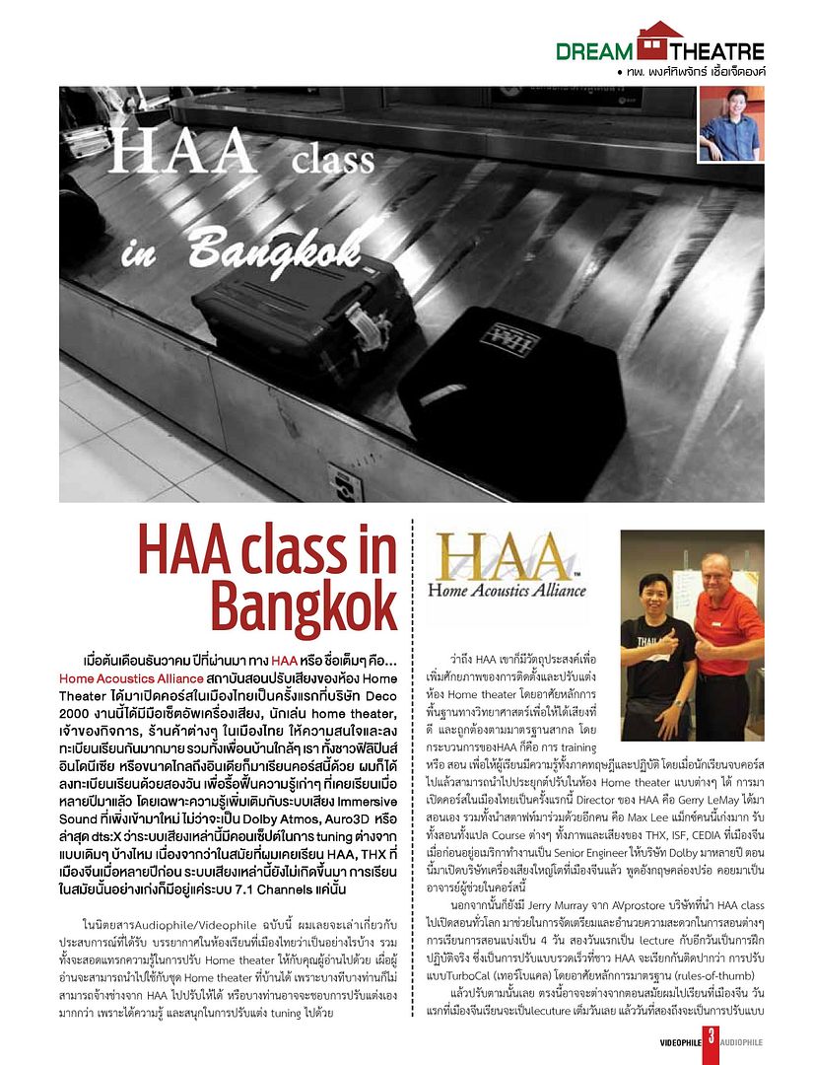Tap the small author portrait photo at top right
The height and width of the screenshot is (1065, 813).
point(730,124)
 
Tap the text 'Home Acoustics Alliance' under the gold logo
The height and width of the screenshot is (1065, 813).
point(506,591)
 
